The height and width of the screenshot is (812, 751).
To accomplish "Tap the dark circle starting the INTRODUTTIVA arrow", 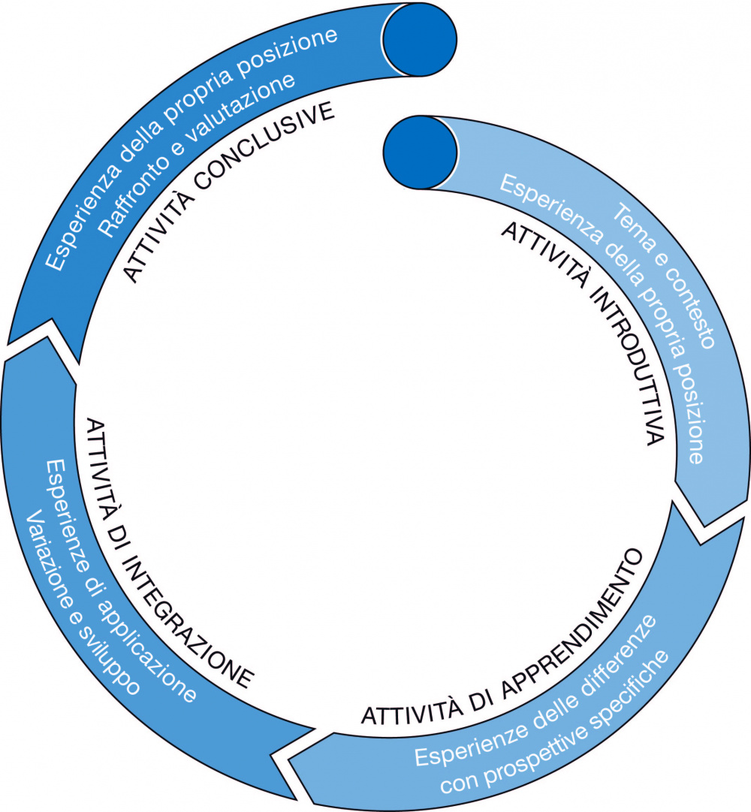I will tap(420, 153).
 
